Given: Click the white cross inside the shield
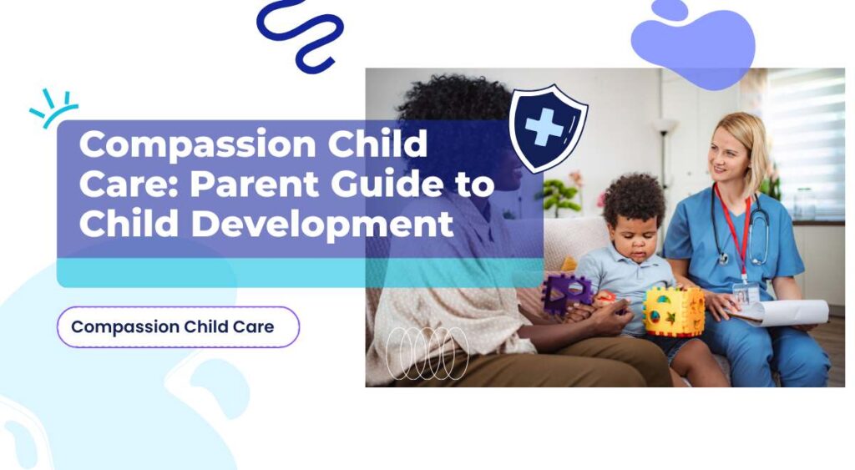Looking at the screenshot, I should [x=544, y=129].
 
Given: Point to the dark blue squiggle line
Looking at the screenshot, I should [x=300, y=33].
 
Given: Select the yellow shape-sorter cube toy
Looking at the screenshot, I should [x=674, y=311].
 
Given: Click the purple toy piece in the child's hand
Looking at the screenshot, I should [x=568, y=293].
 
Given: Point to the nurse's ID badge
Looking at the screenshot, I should [x=746, y=293].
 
